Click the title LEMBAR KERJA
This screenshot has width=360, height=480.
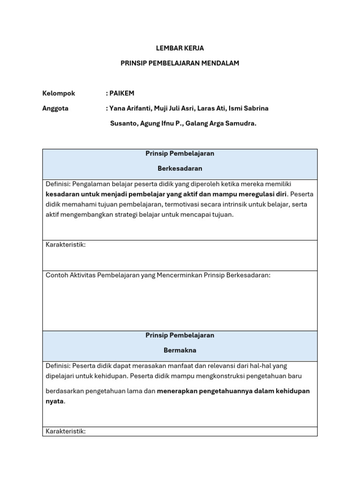[x=180, y=48]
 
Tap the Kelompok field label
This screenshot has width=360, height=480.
[x=59, y=93]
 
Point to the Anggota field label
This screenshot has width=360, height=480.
[x=55, y=108]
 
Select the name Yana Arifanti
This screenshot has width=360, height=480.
[x=128, y=108]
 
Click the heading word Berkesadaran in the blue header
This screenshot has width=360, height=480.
[x=180, y=168]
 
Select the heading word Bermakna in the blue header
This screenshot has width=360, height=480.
[x=180, y=350]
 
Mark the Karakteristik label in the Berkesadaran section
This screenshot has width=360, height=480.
[x=66, y=245]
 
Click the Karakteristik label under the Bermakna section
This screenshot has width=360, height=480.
[x=66, y=431]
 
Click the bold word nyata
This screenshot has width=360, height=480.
[x=54, y=401]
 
